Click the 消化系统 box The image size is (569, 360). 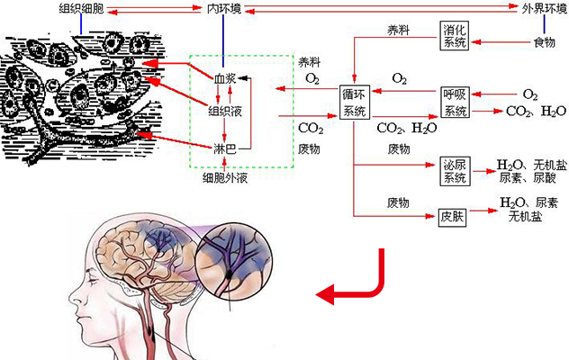click(454, 35)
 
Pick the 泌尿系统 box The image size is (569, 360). click(454, 171)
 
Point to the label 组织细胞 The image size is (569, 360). click(81, 9)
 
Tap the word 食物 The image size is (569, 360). click(544, 42)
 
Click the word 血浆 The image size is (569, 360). click(225, 79)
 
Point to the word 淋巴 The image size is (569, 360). click(225, 147)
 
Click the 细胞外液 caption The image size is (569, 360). click(226, 177)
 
